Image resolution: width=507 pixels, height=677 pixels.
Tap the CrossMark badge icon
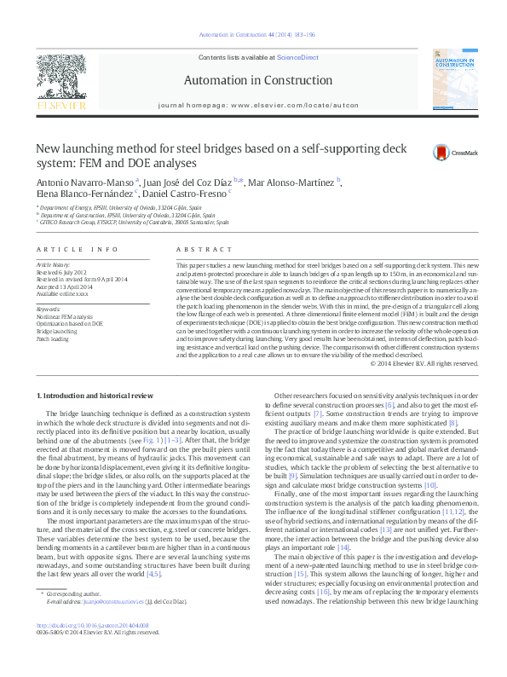tap(441, 153)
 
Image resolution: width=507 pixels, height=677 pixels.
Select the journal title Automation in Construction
tap(253, 80)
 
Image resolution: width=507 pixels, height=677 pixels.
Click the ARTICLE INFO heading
tap(77, 249)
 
